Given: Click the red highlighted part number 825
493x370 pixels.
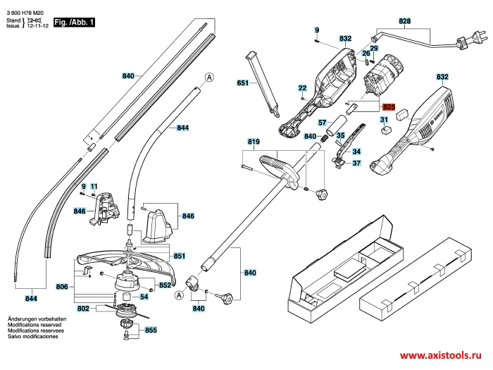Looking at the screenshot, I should pos(389,106).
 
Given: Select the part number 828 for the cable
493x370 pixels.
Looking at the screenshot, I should pos(404,22).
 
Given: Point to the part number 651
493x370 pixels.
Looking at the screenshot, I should pos(243,83).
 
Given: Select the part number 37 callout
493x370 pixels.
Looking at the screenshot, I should pos(356,164).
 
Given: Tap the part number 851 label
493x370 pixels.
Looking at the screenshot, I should pos(179,256).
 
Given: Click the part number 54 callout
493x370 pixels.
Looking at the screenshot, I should pos(144,297).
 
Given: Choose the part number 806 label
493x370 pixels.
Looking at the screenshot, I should pos(63,287).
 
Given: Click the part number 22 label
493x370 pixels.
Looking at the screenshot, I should pos(302,88).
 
